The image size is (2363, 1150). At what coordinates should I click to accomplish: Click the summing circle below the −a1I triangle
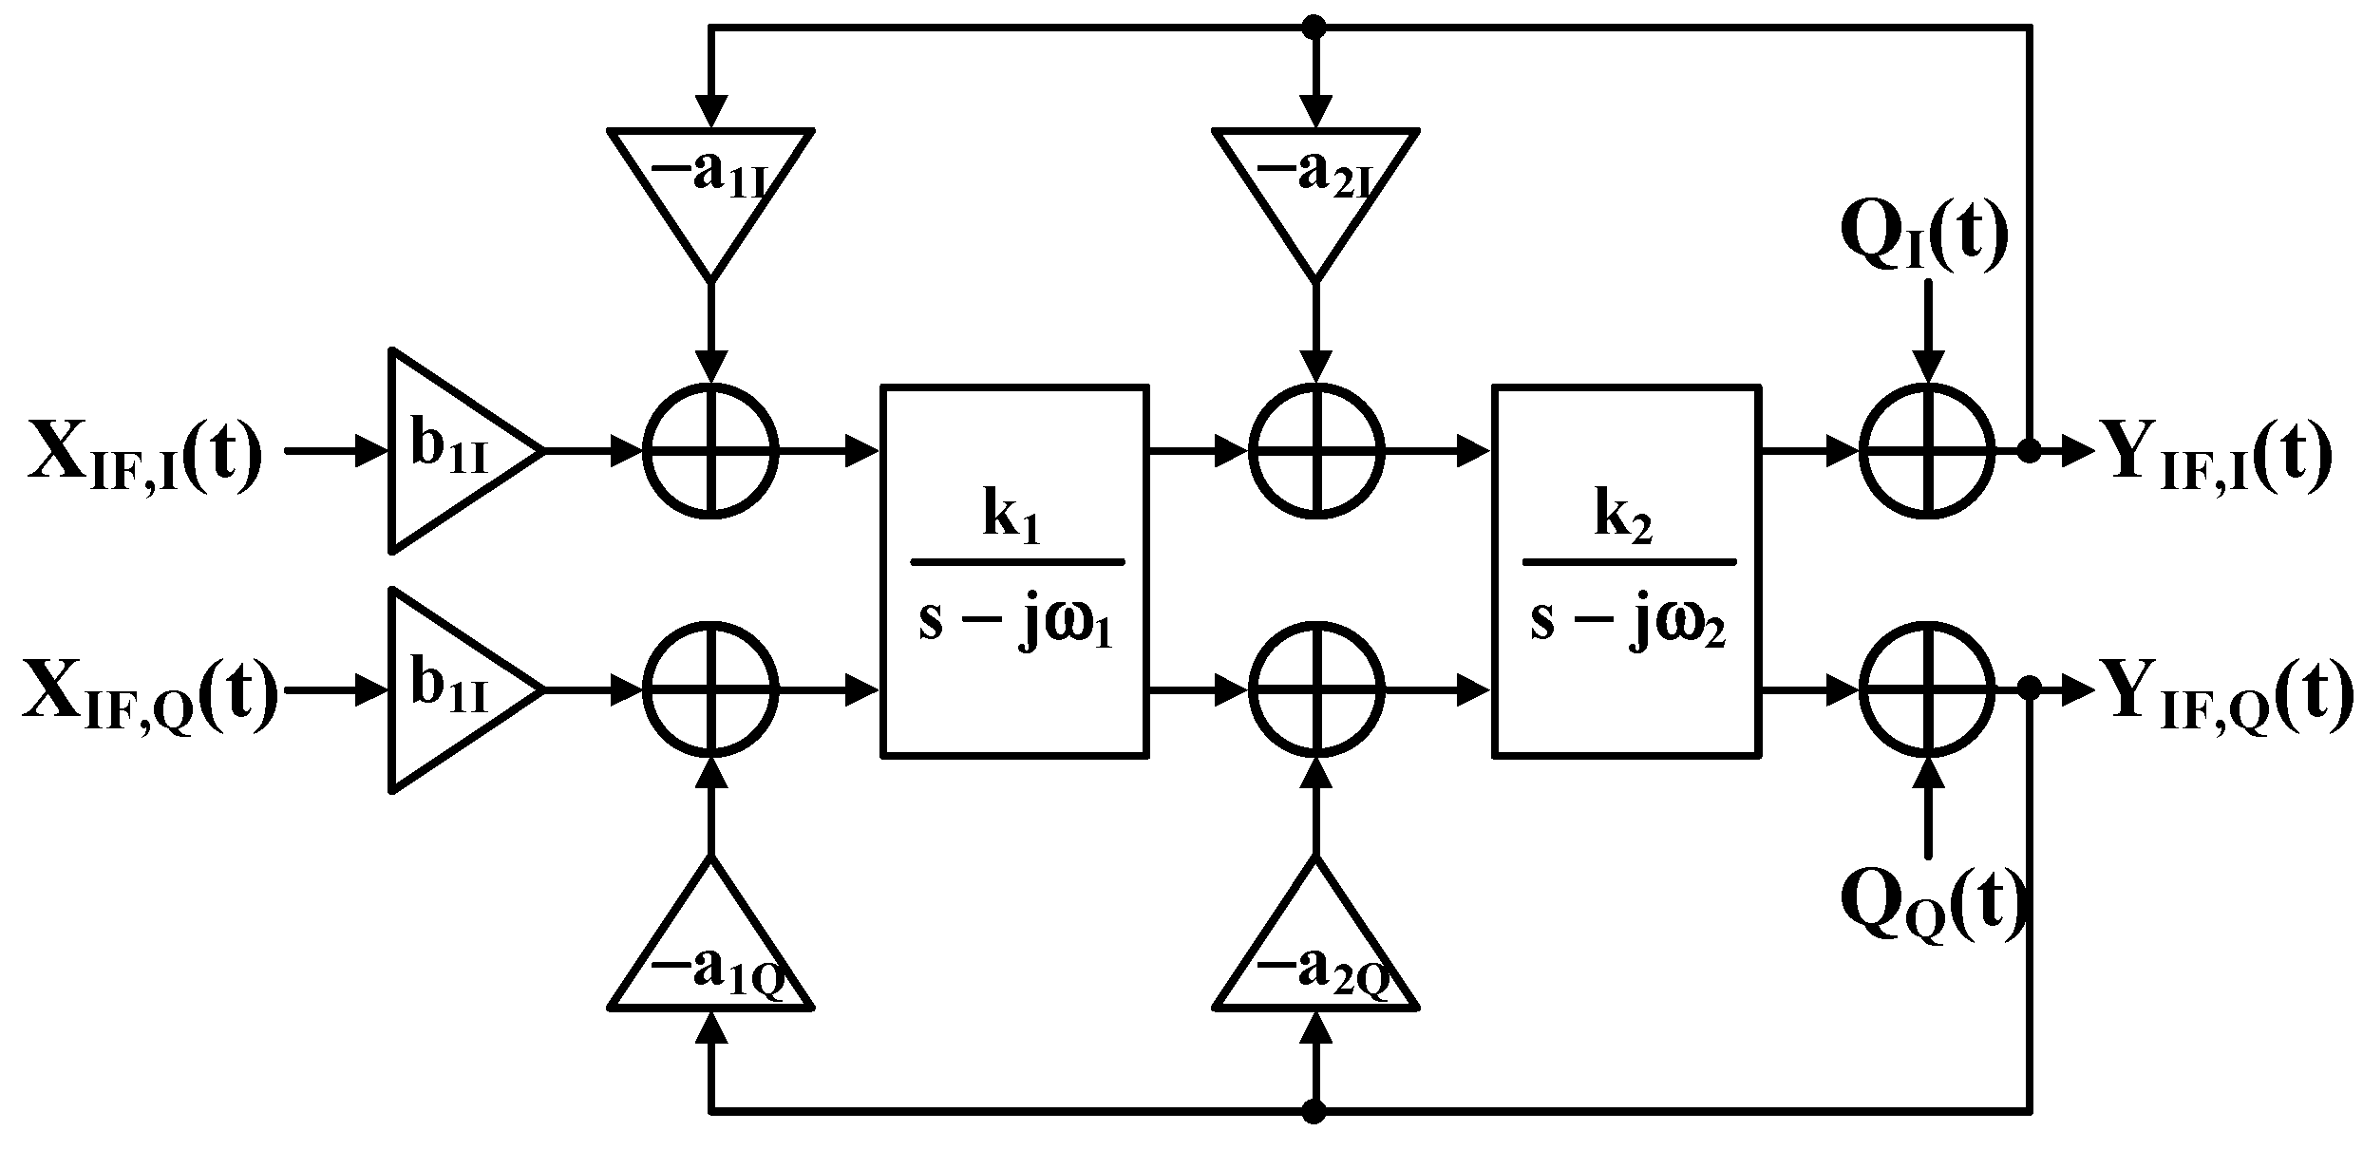tap(710, 450)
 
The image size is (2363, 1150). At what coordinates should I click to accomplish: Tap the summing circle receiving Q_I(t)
tap(1926, 450)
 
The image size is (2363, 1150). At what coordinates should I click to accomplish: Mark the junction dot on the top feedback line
tap(1315, 28)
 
